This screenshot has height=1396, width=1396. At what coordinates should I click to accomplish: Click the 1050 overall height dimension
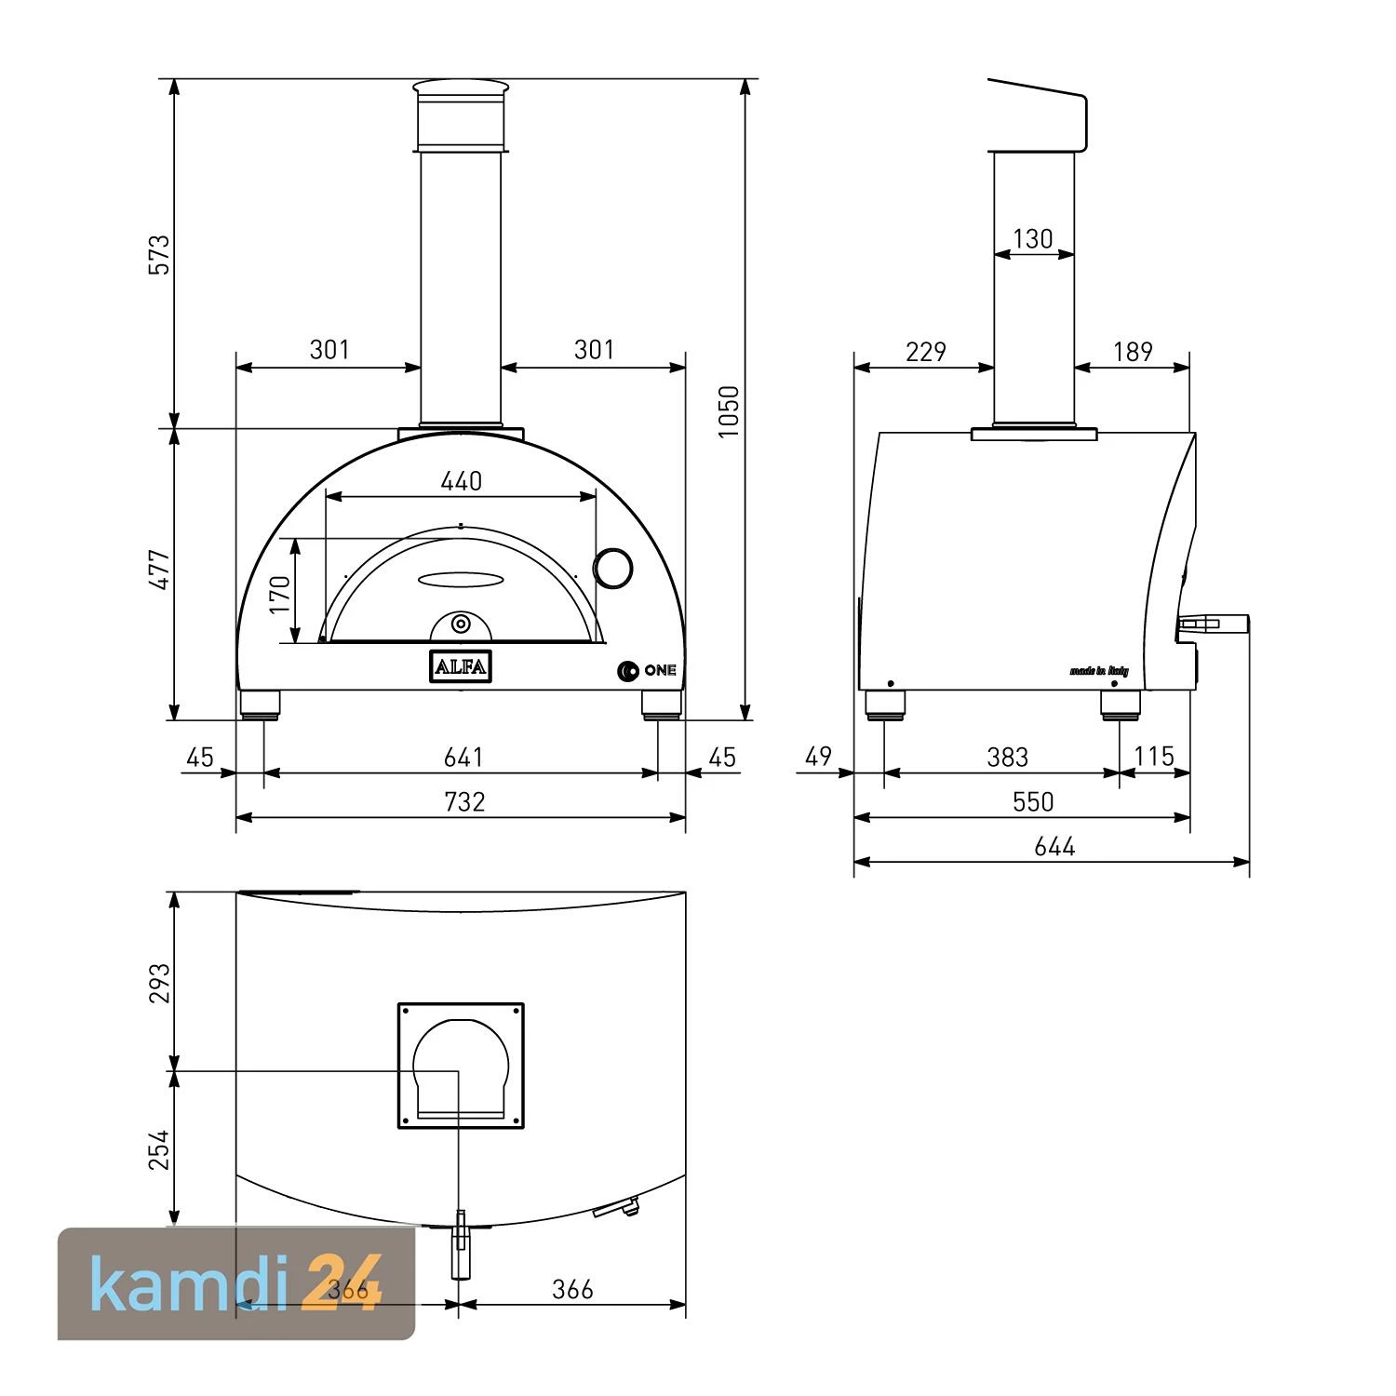coord(729,411)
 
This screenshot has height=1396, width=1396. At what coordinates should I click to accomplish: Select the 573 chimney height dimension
coord(160,254)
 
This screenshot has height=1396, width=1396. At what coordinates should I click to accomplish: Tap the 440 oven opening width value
coord(461,480)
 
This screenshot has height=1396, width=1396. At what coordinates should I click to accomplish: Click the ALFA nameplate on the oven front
coord(460,666)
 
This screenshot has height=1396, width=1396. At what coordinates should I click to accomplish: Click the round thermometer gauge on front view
coord(614,567)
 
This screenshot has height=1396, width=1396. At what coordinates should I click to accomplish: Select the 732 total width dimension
coord(463,801)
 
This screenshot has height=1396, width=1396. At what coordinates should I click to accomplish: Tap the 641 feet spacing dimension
coord(463,757)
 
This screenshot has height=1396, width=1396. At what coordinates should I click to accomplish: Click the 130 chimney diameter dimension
coord(1032,239)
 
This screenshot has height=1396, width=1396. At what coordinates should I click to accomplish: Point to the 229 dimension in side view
coord(925,351)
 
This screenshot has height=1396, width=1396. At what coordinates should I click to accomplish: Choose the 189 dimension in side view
coord(1133,351)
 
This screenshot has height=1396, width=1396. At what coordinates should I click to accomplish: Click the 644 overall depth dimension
coord(1054,846)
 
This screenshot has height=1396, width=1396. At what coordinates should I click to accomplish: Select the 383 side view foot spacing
coord(1007,757)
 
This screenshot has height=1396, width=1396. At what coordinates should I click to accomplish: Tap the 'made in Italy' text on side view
coord(1099,670)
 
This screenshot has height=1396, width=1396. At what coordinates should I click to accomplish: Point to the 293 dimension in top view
coord(160,983)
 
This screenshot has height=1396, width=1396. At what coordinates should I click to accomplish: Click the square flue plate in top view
coord(461,1066)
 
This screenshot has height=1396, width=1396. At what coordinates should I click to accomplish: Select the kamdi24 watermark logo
coord(236,1284)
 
